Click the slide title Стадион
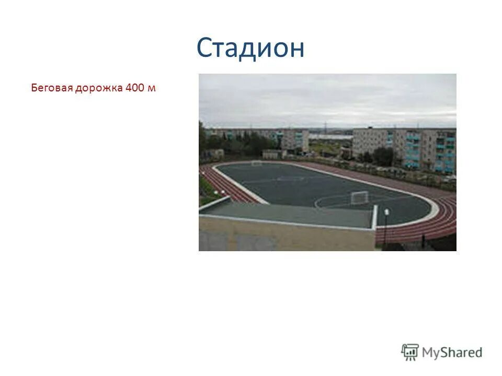coord(250,49)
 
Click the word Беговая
coord(52,88)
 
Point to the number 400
coord(134,88)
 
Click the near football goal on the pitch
coord(359,197)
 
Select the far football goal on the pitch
coord(256,163)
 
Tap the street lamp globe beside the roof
coord(386,211)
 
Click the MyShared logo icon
coord(410,352)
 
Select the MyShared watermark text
coord(452,353)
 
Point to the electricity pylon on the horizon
coord(325,127)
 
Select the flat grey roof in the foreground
coord(288,215)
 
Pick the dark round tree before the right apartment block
coord(383,156)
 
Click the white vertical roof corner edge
coord(374,216)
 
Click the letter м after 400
coord(152,88)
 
